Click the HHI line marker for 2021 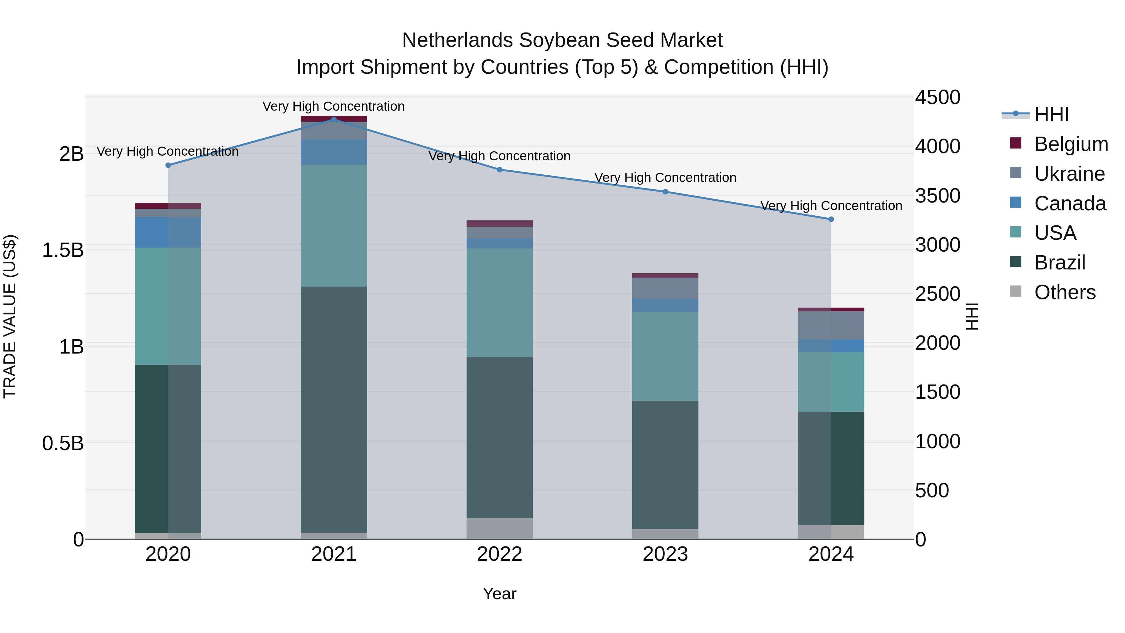click(334, 119)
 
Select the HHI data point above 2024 click(831, 219)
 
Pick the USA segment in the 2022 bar click(500, 302)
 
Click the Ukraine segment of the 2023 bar click(665, 288)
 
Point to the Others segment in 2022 click(500, 529)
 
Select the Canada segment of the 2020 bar click(168, 232)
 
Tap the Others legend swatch click(1016, 291)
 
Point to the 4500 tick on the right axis click(937, 98)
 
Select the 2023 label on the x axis click(665, 554)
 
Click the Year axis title click(500, 594)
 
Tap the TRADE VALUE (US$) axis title click(10, 316)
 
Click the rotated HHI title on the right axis click(972, 316)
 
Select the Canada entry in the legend click(1070, 203)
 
